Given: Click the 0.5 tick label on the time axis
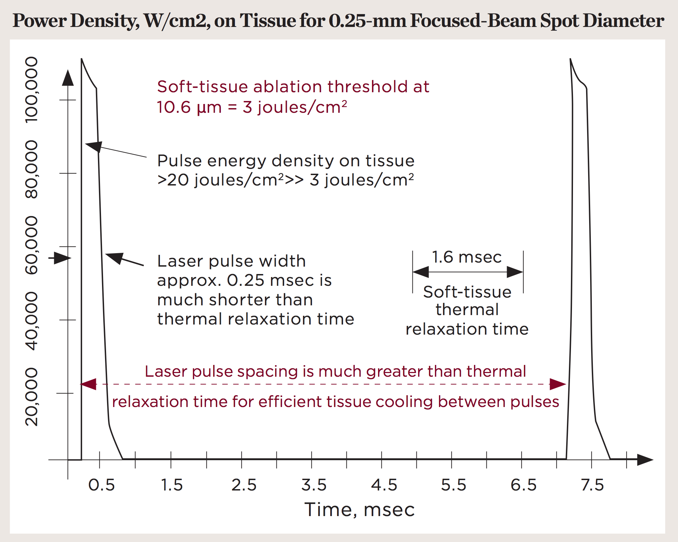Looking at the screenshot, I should click(101, 485).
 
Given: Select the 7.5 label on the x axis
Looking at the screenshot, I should click(592, 485).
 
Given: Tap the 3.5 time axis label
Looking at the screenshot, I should click(314, 485).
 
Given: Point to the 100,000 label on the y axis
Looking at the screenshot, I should click(32, 90).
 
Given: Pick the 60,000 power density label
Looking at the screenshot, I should click(32, 245).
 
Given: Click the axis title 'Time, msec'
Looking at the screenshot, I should click(359, 509).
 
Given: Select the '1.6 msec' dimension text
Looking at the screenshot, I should click(467, 257).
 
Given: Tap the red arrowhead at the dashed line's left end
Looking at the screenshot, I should click(88, 384).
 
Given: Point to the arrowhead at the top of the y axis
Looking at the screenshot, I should click(68, 78).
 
